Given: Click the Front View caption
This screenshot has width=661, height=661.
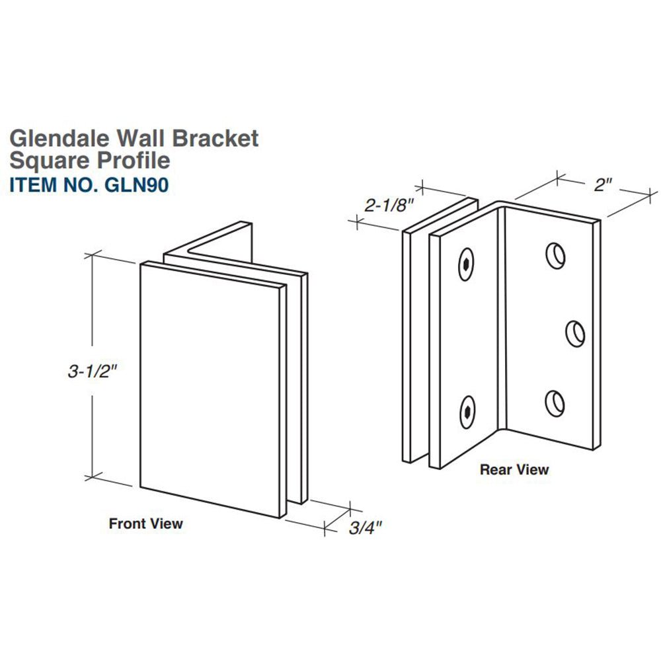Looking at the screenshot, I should click(x=145, y=524).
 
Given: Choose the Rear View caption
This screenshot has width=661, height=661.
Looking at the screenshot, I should click(x=514, y=469).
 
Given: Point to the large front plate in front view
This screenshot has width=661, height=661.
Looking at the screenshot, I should click(x=212, y=390).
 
